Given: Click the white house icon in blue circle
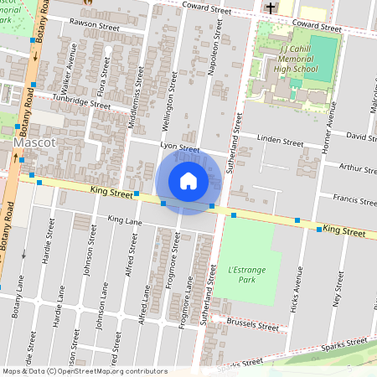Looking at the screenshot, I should click(188, 181).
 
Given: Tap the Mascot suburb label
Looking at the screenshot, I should click(34, 143).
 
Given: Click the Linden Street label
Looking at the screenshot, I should click(280, 142).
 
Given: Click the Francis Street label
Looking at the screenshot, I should click(354, 200).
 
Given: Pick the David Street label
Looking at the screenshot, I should click(361, 136).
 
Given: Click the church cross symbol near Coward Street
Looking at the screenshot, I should click(270, 8).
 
